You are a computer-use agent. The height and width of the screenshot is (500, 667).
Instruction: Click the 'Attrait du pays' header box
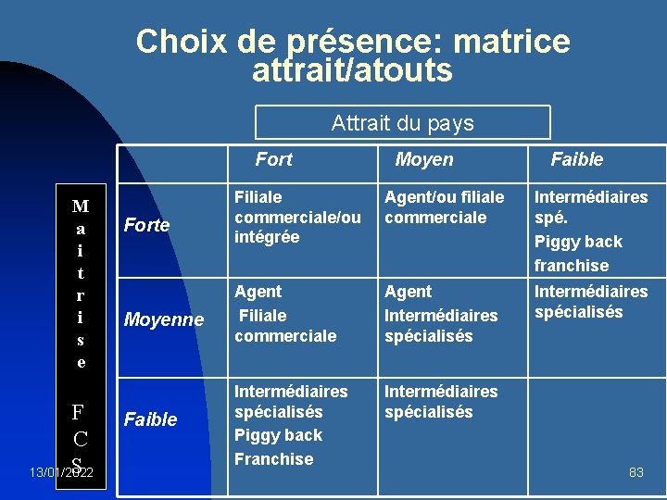click(402, 123)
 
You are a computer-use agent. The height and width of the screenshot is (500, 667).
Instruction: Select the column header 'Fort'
click(273, 159)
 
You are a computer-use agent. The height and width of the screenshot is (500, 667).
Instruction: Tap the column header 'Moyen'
click(423, 159)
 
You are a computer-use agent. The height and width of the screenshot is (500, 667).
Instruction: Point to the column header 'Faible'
click(576, 159)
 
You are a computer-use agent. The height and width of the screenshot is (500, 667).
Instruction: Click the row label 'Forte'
click(146, 225)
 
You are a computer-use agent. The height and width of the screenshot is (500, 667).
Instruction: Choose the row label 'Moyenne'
click(164, 319)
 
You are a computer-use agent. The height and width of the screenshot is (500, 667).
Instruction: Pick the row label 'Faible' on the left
click(150, 419)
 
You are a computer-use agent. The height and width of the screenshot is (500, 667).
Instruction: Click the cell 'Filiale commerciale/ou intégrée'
click(297, 217)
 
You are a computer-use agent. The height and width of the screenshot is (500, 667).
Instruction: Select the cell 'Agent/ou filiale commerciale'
click(445, 207)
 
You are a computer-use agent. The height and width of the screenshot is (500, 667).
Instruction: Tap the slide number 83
click(636, 472)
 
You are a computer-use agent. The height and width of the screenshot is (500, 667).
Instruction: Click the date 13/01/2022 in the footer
click(60, 473)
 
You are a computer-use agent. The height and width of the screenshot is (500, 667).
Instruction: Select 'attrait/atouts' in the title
click(352, 70)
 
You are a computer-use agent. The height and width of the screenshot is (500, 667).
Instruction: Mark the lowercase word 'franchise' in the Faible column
click(572, 266)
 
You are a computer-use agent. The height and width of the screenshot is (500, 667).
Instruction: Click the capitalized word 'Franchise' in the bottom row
click(274, 459)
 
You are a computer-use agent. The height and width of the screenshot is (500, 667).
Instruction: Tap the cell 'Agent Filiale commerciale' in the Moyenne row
click(285, 314)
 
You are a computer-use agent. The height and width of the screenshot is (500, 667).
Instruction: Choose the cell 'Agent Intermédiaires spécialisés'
click(441, 314)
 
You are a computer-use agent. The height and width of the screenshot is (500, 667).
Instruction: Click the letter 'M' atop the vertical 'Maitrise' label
click(81, 206)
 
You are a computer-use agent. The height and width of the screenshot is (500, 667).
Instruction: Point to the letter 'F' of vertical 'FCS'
click(81, 411)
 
